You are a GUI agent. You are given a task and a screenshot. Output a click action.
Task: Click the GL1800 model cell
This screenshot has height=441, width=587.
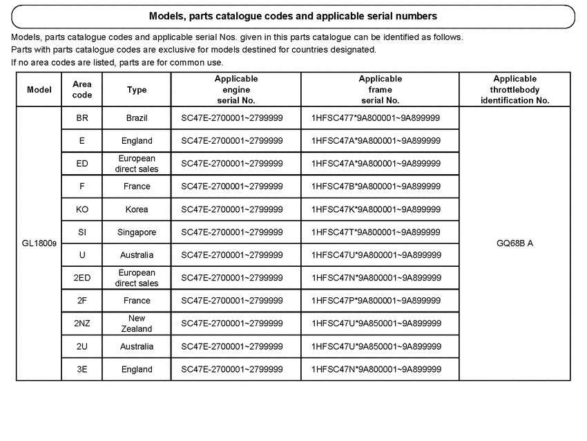[x=39, y=243]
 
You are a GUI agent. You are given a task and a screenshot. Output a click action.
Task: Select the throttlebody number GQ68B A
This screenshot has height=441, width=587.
[x=515, y=243]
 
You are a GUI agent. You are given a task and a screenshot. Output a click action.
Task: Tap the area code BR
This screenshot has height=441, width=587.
[x=82, y=118]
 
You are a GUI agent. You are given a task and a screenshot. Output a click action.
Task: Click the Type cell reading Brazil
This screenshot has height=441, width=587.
[x=137, y=118]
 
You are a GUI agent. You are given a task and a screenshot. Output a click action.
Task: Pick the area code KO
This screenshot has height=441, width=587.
[x=82, y=209]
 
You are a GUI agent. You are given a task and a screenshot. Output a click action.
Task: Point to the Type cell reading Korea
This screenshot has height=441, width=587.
[x=137, y=209]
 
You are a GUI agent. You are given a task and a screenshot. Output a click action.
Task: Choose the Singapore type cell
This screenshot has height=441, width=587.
[x=137, y=232]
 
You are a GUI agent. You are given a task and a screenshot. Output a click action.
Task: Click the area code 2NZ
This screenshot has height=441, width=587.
[x=82, y=323]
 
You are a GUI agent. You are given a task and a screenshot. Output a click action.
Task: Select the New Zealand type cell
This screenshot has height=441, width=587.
[x=137, y=323]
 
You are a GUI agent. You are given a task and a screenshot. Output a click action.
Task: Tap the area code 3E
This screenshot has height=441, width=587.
[x=82, y=369]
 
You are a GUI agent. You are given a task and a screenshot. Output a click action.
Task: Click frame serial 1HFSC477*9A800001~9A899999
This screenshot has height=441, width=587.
[x=376, y=118]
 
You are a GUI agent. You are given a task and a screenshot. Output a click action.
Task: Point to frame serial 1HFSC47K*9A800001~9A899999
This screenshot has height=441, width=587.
[x=376, y=209]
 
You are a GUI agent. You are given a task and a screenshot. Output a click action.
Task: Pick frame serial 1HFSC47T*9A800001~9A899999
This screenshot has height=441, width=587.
[x=376, y=232]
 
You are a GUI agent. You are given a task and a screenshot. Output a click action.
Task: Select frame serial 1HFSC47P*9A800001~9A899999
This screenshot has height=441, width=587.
[x=376, y=301]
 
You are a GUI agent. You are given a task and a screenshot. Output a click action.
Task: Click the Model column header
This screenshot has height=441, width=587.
[x=39, y=90]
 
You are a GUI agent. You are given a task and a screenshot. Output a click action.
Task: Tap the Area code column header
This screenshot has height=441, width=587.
[x=82, y=90]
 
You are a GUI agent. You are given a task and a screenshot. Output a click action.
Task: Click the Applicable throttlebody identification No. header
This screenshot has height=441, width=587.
[x=515, y=90]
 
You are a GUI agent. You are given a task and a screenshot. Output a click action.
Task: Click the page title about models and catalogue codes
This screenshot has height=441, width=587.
[x=293, y=15]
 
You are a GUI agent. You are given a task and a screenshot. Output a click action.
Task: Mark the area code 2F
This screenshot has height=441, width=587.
[x=82, y=301]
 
